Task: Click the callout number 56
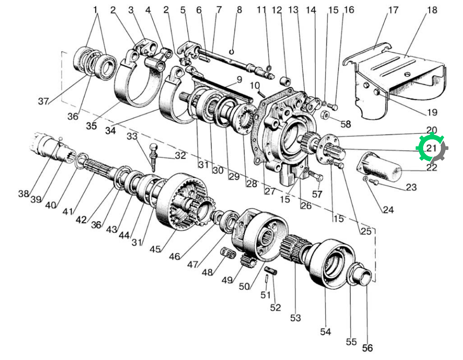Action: pyautogui.click(x=367, y=348)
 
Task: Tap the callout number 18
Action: pyautogui.click(x=432, y=10)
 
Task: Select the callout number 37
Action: pyautogui.click(x=43, y=101)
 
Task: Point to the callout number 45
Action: pyautogui.click(x=155, y=249)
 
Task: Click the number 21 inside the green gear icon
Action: pyautogui.click(x=432, y=148)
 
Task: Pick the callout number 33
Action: pyautogui.click(x=132, y=136)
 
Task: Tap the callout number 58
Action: pyautogui.click(x=345, y=124)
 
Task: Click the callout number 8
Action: pyautogui.click(x=239, y=10)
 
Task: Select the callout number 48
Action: pyautogui.click(x=207, y=272)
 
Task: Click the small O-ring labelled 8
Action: pyautogui.click(x=232, y=52)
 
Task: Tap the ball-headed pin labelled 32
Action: pyautogui.click(x=153, y=157)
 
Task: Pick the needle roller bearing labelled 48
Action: pyautogui.click(x=228, y=252)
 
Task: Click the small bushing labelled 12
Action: pyautogui.click(x=285, y=80)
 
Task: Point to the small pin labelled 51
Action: pyautogui.click(x=266, y=278)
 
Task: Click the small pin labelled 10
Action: pyautogui.click(x=261, y=93)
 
